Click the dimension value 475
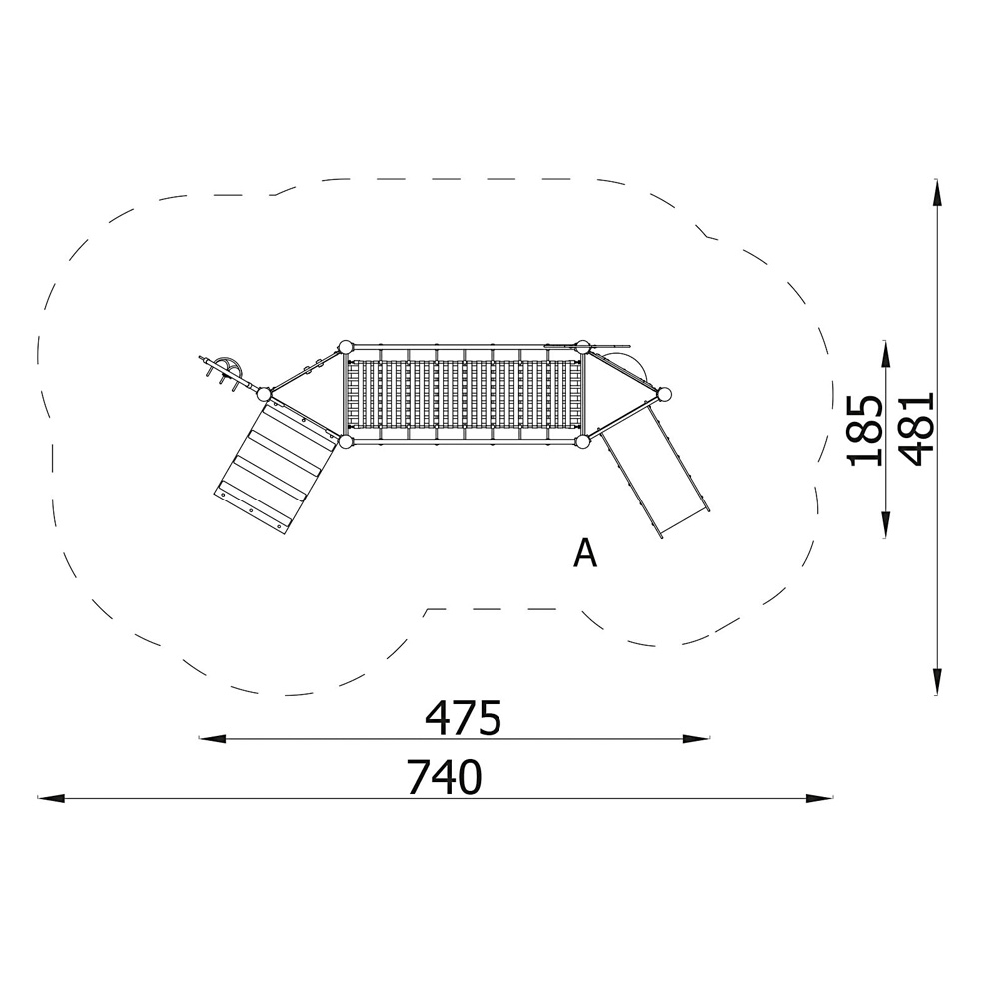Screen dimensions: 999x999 [x=464, y=718]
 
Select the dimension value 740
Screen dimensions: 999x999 [x=445, y=777]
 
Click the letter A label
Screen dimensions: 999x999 [x=585, y=552]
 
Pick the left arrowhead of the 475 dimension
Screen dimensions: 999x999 [x=212, y=738]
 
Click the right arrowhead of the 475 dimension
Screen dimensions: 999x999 [x=695, y=738]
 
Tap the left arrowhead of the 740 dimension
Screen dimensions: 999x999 [x=51, y=797]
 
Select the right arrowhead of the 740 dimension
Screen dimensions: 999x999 [x=819, y=797]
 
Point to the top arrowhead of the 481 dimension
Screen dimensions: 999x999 [x=937, y=193]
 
